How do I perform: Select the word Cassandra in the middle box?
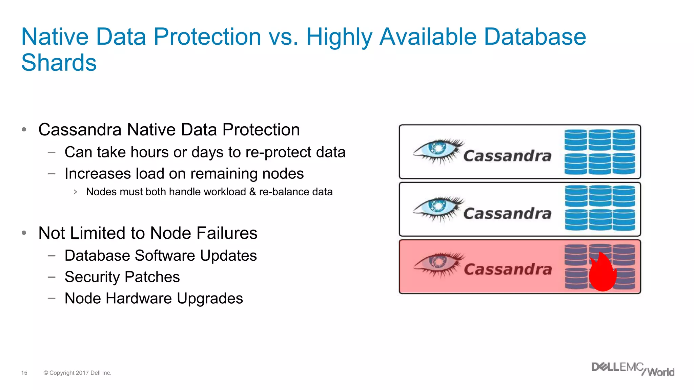pyautogui.click(x=507, y=214)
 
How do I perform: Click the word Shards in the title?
pyautogui.click(x=59, y=63)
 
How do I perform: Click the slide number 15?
pyautogui.click(x=24, y=373)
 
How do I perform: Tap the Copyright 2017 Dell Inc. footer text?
pyautogui.click(x=78, y=373)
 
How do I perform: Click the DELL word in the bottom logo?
pyautogui.click(x=605, y=367)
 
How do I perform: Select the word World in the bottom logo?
pyautogui.click(x=661, y=372)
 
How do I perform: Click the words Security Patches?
pyautogui.click(x=122, y=277)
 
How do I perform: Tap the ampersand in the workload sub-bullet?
pyautogui.click(x=253, y=192)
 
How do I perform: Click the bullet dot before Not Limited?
pyautogui.click(x=24, y=233)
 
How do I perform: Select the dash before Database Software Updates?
pyautogui.click(x=52, y=256)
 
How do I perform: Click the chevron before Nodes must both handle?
pyautogui.click(x=76, y=192)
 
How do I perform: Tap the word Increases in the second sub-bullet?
pyautogui.click(x=98, y=174)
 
